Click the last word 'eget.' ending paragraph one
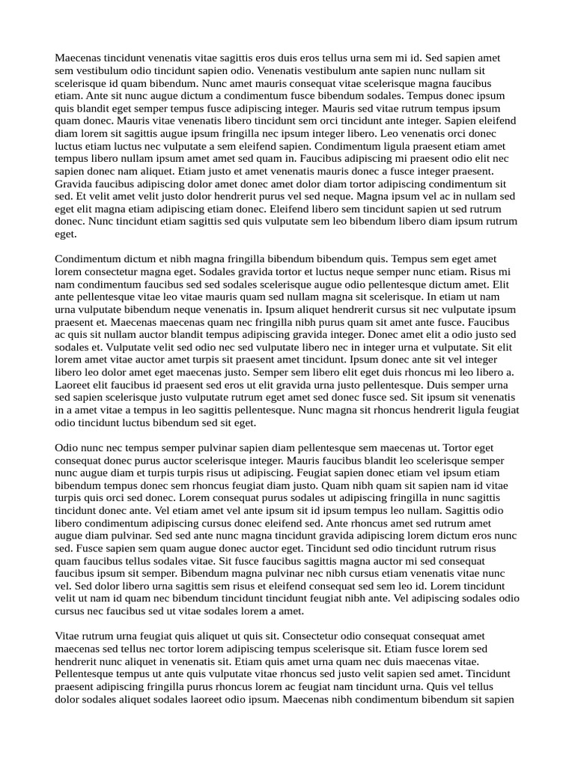point(66,234)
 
